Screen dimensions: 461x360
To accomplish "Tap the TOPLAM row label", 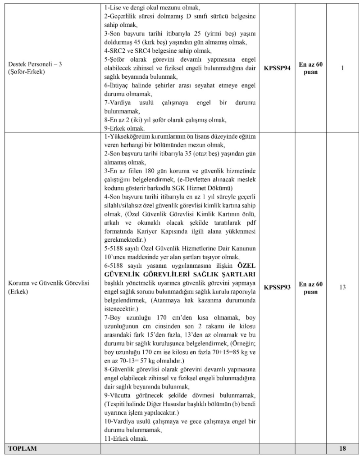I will (x=21, y=448).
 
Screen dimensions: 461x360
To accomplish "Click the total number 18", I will (x=342, y=448).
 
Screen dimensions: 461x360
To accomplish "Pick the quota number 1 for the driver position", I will (x=342, y=68).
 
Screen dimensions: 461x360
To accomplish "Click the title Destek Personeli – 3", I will (x=34, y=64).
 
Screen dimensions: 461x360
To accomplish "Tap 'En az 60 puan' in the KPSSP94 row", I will (x=311, y=68).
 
